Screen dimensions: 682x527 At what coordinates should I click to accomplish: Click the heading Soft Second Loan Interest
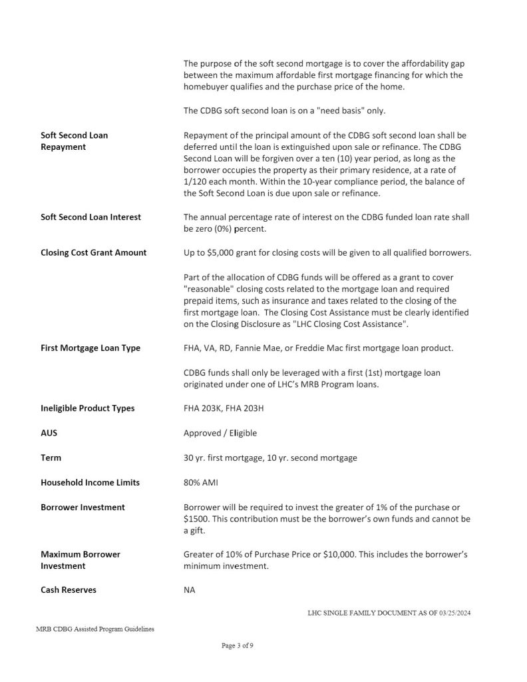click(x=91, y=217)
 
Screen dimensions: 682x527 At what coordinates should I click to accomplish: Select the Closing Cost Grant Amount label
click(x=94, y=252)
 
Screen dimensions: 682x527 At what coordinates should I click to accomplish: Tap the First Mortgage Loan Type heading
click(x=90, y=348)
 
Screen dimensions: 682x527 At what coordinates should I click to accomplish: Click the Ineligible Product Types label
click(x=88, y=408)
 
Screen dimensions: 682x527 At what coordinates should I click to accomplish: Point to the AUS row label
click(x=49, y=433)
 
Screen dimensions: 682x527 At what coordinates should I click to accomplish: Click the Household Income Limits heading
click(x=90, y=482)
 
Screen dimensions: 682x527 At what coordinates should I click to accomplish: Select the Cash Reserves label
click(x=69, y=589)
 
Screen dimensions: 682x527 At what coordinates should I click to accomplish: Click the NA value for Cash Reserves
click(x=189, y=589)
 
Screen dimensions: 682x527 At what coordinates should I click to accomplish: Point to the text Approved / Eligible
click(x=220, y=433)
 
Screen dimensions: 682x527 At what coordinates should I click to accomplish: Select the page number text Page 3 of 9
click(x=238, y=645)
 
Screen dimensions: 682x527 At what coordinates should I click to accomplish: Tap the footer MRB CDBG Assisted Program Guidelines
click(x=96, y=629)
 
